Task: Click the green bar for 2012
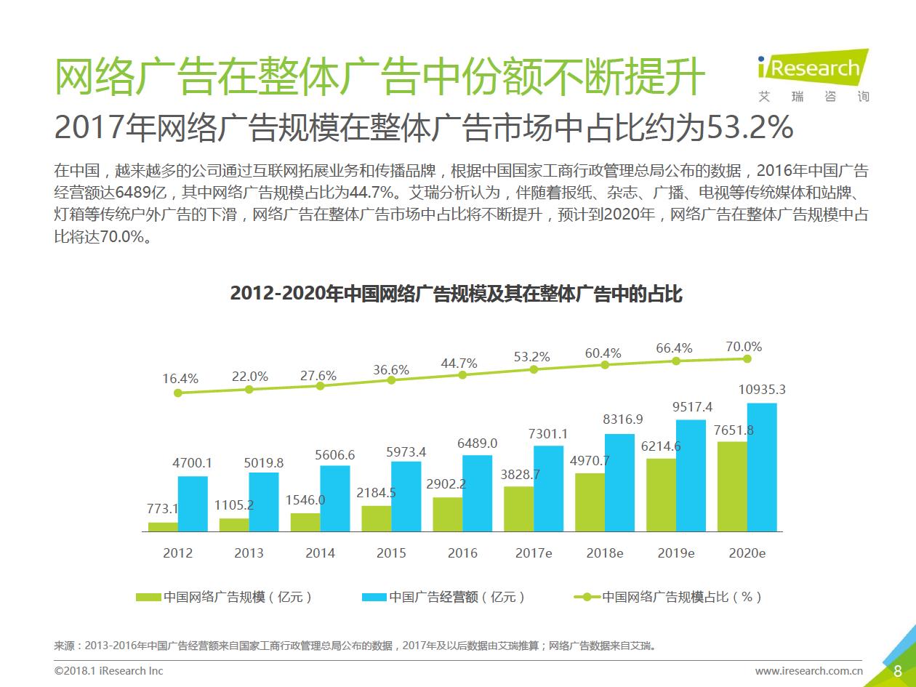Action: (163, 527)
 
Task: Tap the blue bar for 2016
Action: (477, 493)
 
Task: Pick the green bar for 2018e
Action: (590, 502)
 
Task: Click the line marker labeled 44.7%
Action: (462, 375)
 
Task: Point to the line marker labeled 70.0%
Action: (747, 358)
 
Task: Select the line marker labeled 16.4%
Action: (178, 393)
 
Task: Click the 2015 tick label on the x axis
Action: (391, 553)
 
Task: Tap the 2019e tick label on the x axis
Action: (676, 553)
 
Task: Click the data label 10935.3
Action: (761, 390)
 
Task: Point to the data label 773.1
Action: (163, 508)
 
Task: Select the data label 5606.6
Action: (334, 455)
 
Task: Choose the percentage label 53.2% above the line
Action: (531, 357)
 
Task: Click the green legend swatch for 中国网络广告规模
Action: (148, 598)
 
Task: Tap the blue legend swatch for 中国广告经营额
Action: (374, 598)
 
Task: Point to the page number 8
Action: (898, 671)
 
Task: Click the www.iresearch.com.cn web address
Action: (808, 671)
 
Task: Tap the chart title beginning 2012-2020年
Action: (457, 294)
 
